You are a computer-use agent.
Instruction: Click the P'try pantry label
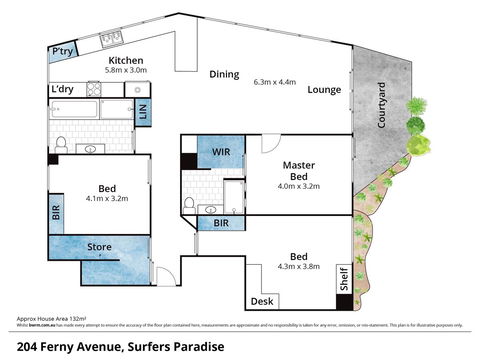click(61, 51)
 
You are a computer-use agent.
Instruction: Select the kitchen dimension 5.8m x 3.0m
click(126, 71)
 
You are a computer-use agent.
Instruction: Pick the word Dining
click(224, 74)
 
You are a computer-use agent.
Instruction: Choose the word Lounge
click(324, 90)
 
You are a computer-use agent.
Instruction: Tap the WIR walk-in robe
click(221, 151)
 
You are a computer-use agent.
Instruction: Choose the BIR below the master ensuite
click(221, 224)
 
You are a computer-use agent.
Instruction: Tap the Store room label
click(100, 246)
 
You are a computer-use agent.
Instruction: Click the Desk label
click(262, 301)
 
